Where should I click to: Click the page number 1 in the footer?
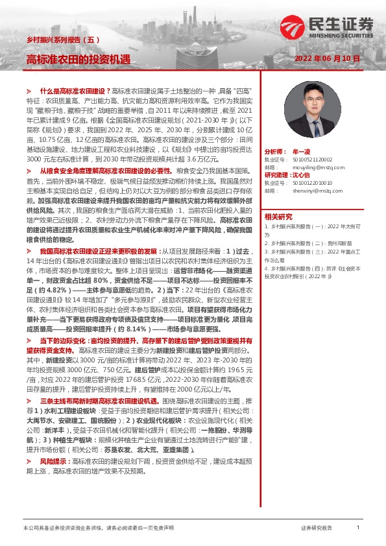[358, 527]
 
